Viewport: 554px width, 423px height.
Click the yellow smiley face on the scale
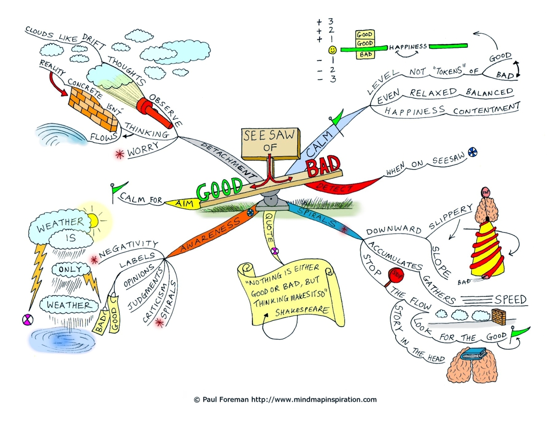point(332,50)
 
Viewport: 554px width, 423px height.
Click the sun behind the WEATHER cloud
point(94,221)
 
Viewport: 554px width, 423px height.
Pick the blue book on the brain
point(472,353)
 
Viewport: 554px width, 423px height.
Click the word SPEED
point(511,300)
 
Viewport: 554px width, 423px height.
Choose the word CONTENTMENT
point(487,108)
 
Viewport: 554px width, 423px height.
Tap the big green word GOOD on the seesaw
point(220,190)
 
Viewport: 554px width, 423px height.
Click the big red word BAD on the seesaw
point(323,166)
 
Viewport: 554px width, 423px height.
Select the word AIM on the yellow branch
point(184,203)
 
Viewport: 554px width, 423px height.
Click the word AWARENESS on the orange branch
point(210,234)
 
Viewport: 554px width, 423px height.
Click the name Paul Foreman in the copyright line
point(225,400)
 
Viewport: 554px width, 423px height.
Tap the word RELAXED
point(433,93)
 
